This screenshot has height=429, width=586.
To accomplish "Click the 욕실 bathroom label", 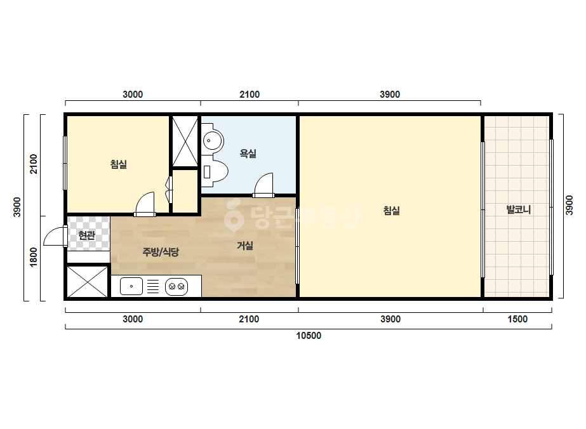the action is (x=248, y=153).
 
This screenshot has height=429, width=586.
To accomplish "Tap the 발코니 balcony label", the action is (x=518, y=209).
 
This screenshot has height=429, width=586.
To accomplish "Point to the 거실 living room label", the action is (x=245, y=246).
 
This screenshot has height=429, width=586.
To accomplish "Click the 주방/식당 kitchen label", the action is (x=161, y=252).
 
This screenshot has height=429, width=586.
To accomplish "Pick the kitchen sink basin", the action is (x=131, y=286).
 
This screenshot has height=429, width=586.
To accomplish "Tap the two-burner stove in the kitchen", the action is (x=176, y=287).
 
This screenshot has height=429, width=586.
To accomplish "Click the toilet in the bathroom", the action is (x=215, y=171).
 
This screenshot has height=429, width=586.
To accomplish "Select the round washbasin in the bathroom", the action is (x=213, y=141).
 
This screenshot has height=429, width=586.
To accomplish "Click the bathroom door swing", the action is (x=264, y=185).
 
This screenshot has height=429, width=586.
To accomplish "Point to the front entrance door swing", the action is (x=55, y=235).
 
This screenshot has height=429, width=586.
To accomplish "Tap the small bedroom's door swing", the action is (x=145, y=204).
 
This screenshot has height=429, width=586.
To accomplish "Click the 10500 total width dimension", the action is (x=309, y=336).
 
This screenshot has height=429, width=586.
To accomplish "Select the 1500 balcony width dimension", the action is (x=517, y=319).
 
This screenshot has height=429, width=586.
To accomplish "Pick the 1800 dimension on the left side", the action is (x=33, y=257).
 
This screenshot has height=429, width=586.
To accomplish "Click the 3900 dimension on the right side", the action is (x=569, y=205).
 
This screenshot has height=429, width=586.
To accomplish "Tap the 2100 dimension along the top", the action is (x=250, y=95).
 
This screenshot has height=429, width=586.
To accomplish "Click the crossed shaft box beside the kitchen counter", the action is (x=87, y=281).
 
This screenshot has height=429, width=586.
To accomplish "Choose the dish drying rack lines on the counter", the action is (x=153, y=287).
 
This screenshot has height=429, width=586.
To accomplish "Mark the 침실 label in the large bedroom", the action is (x=391, y=211).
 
